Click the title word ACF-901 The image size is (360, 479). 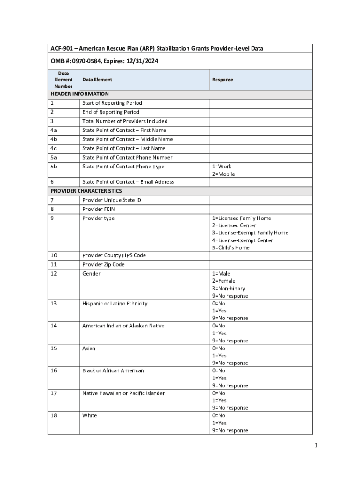(62, 49)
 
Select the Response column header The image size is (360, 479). (223, 80)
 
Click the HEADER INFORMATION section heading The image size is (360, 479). (79, 94)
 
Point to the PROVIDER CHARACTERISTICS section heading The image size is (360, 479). (86, 191)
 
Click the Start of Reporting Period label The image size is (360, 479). (112, 103)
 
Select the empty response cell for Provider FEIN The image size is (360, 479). (260, 209)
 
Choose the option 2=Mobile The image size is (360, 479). (223, 174)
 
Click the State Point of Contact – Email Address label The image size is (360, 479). (128, 182)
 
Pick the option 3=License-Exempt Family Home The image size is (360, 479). (250, 233)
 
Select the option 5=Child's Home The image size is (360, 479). (231, 247)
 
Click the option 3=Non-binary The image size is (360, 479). (229, 289)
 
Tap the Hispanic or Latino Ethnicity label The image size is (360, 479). (115, 304)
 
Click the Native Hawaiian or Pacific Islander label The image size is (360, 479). (123, 393)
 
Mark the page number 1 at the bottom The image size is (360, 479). (316, 445)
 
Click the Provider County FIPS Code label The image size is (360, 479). (114, 255)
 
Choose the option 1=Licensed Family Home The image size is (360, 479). (241, 218)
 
